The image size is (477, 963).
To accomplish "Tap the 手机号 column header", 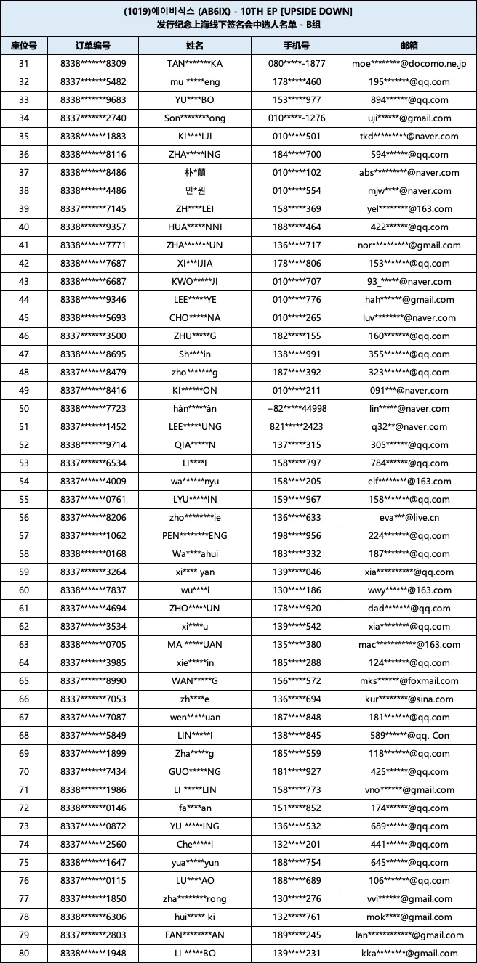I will click(x=297, y=46).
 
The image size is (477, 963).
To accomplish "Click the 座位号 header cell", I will click(x=24, y=46).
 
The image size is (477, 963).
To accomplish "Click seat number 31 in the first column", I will click(x=24, y=64).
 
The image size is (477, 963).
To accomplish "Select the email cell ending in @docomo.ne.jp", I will click(x=409, y=64).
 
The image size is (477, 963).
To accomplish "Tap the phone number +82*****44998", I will click(x=297, y=409).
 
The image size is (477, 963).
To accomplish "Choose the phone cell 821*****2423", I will click(x=297, y=427).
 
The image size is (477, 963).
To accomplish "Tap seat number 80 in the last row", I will click(x=24, y=954).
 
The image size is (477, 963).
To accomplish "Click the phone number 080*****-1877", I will click(x=297, y=64).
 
